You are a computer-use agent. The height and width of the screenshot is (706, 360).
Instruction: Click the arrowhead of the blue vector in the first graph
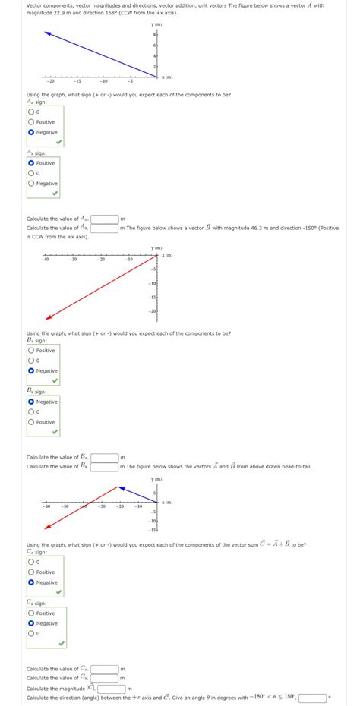tap(46, 33)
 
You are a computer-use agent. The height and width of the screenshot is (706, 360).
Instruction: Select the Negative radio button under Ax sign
tap(31, 132)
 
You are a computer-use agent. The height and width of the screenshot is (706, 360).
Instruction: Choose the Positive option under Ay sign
tap(31, 163)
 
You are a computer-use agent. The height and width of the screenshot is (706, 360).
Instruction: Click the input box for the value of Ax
tap(106, 219)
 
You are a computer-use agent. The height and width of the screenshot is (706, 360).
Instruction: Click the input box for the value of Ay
tap(106, 228)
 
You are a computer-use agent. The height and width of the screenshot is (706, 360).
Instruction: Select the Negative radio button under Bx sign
tap(31, 371)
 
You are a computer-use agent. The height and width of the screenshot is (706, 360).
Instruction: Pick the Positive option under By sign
tap(31, 422)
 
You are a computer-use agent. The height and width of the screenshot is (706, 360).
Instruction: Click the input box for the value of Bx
tap(106, 457)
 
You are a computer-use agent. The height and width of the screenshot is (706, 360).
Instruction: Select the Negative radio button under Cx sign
tap(31, 582)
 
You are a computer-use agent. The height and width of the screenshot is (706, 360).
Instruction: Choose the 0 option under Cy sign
tap(31, 633)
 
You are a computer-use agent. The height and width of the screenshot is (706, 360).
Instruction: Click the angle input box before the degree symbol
tap(313, 697)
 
